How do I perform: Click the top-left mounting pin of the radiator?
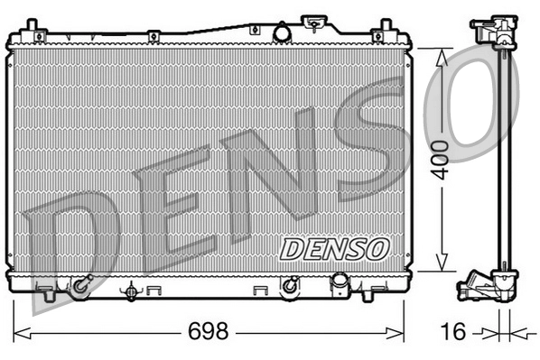[x=32, y=25]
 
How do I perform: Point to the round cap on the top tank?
[x=282, y=33]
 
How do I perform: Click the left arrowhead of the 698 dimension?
[x=20, y=332]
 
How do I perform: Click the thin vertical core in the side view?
[x=504, y=162]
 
